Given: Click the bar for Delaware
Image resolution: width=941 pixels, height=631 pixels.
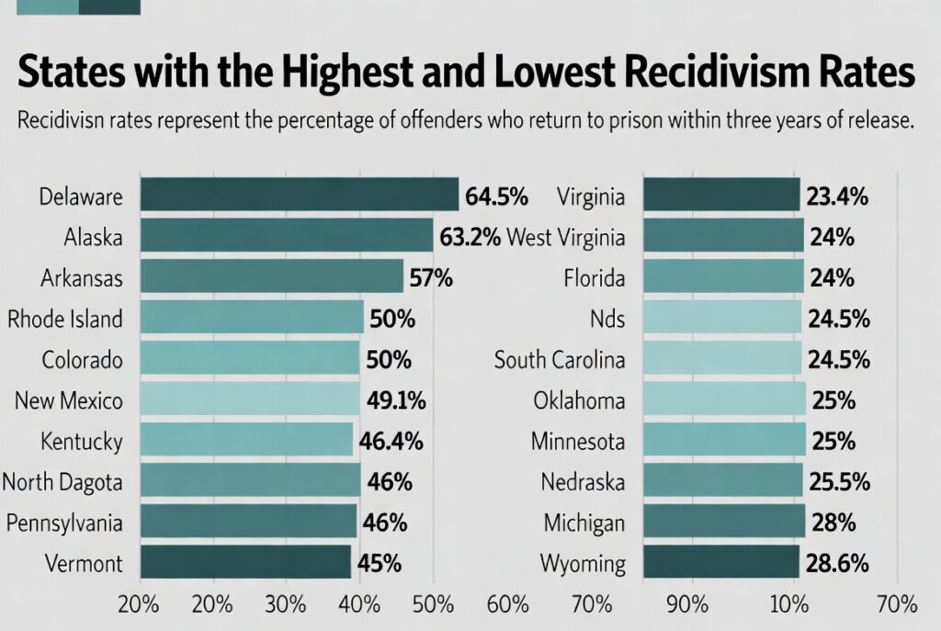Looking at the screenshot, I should (x=299, y=196).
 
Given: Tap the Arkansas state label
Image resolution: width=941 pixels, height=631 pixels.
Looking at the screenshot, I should (x=82, y=277).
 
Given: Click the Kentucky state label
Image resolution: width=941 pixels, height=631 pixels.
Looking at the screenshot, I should (x=82, y=441).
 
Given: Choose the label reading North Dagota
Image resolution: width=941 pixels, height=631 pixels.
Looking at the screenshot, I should (x=62, y=481).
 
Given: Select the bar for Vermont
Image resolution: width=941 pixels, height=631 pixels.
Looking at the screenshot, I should (x=244, y=562).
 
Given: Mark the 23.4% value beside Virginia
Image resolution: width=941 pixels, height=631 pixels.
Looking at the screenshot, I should (x=838, y=197).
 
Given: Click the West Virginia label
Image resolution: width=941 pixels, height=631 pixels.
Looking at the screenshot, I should (x=566, y=238).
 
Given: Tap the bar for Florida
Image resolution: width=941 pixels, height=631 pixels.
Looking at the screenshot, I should (x=723, y=277).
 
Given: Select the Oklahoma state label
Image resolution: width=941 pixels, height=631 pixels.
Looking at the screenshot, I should (x=579, y=400).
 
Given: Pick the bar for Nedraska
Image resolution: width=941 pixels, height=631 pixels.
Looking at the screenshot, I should (x=723, y=481).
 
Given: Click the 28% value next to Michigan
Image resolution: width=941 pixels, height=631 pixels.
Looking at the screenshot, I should (x=833, y=523).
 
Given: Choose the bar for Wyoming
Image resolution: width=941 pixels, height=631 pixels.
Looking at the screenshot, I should (x=721, y=562).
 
